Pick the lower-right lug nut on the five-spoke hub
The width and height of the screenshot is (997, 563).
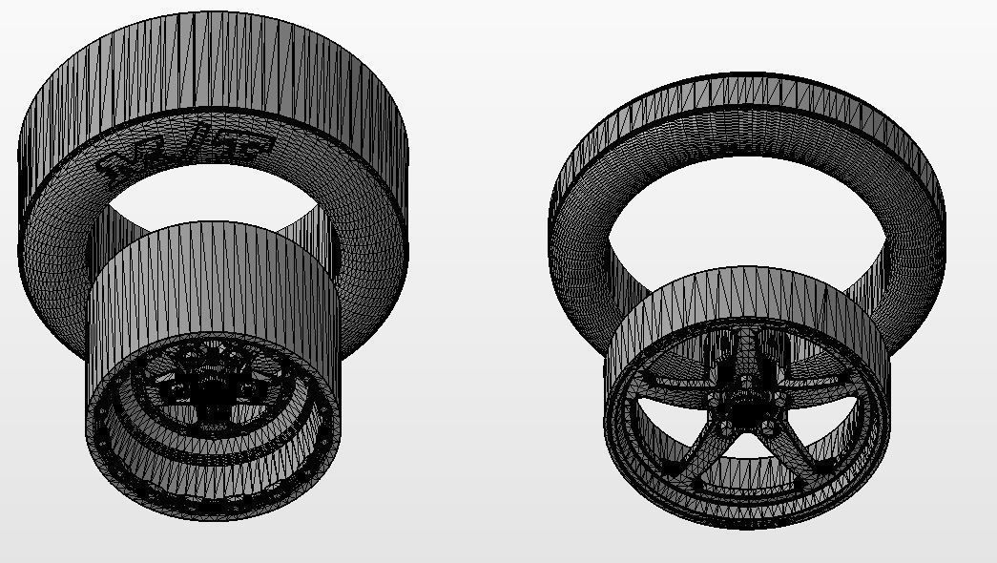coord(768,428)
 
